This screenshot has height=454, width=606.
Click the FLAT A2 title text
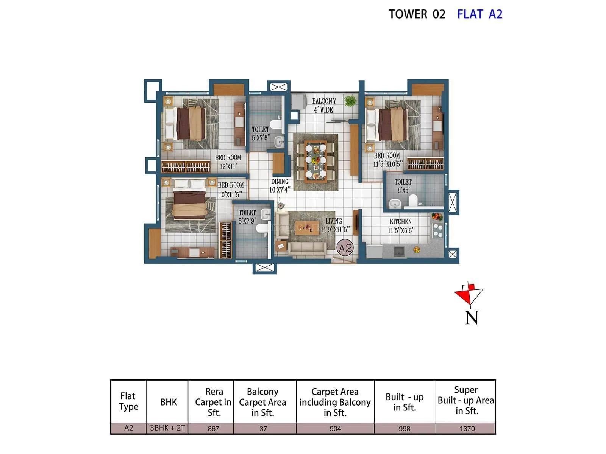[479, 14]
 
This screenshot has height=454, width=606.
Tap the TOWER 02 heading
[417, 14]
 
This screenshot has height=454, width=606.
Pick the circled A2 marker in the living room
[345, 248]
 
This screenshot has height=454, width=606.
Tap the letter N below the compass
[472, 318]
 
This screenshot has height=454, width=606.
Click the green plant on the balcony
[350, 101]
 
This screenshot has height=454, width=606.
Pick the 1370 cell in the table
[467, 429]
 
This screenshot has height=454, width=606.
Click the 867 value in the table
[213, 429]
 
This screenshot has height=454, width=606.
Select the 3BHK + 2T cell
[167, 428]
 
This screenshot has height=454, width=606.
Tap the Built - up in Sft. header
[405, 402]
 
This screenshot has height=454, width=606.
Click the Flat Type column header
[128, 401]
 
